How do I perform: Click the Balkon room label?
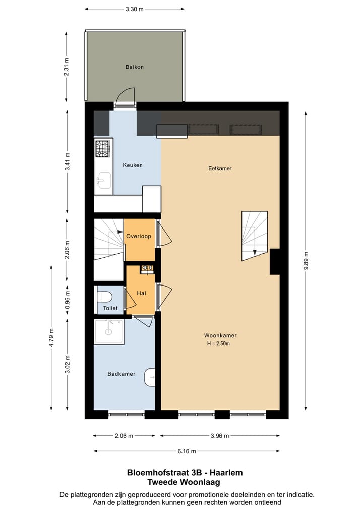(x=135, y=67)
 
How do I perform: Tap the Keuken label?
(x=133, y=165)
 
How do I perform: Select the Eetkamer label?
(x=220, y=168)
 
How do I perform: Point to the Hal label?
(x=141, y=293)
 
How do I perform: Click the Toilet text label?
(x=110, y=308)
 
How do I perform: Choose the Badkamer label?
(x=121, y=374)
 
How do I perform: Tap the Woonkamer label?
(x=220, y=335)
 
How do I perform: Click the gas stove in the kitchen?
(x=103, y=148)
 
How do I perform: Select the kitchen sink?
(x=104, y=180)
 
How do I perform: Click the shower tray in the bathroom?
(x=109, y=331)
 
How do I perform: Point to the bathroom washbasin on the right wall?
(x=150, y=377)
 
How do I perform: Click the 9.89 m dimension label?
(x=306, y=261)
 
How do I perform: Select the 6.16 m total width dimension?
(x=186, y=451)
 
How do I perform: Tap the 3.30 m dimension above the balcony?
(x=134, y=9)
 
